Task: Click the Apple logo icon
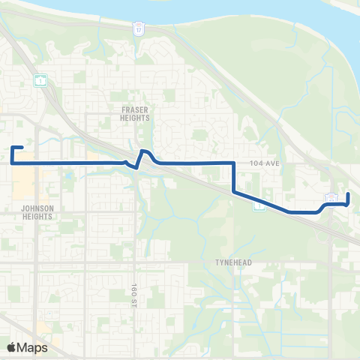12,347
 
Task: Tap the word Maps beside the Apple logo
33,347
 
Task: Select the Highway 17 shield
137,28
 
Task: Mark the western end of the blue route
24,148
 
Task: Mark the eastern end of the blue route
348,195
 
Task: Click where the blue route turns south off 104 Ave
234,162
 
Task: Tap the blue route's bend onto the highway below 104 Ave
235,191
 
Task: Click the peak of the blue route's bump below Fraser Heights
145,151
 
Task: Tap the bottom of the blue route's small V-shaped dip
134,166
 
